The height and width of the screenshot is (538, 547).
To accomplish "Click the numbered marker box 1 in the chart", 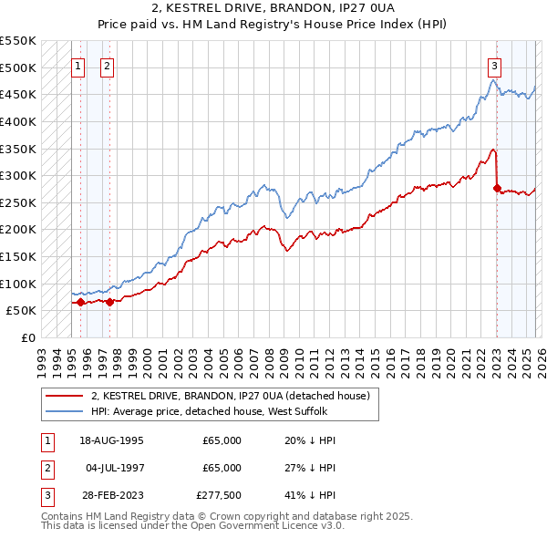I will click(77, 65).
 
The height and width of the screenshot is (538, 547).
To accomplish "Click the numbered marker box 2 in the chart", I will click(107, 65).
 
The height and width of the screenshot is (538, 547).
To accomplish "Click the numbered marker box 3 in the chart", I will click(494, 65).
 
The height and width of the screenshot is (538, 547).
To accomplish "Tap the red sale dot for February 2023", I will click(497, 189).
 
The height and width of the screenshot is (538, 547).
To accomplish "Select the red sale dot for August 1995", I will click(80, 302).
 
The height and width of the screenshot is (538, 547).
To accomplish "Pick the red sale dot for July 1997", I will click(109, 302).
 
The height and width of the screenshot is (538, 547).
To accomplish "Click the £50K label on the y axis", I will click(21, 311).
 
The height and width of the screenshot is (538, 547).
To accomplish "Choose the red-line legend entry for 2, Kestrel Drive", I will click(230, 397).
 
